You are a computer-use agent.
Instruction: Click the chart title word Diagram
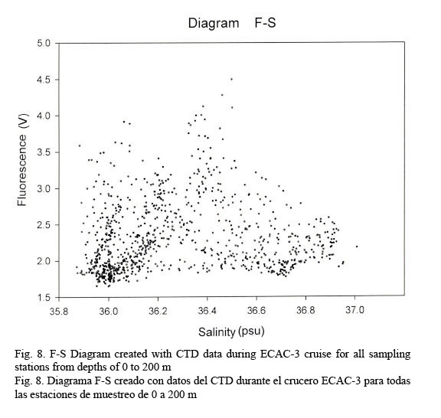[x=214, y=23]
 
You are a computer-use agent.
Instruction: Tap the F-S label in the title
[x=265, y=23]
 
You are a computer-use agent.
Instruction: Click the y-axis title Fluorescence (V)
[x=22, y=160]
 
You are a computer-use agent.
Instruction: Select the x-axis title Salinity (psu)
[x=231, y=332]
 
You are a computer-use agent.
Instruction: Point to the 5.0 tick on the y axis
[x=44, y=44]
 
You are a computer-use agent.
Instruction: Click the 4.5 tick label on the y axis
[x=44, y=80]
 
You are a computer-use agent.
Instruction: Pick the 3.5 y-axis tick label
[x=44, y=152]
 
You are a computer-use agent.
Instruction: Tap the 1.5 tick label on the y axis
[x=44, y=298]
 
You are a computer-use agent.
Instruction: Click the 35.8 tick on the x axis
[x=59, y=311]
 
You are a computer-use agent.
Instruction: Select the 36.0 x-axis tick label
[x=109, y=311]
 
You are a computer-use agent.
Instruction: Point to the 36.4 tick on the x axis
[x=207, y=311]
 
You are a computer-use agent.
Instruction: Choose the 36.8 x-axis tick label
[x=305, y=310]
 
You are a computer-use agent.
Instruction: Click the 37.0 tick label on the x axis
[x=355, y=310]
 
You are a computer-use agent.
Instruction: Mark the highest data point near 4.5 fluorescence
[x=231, y=79]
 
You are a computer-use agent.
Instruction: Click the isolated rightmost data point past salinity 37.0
[x=357, y=247]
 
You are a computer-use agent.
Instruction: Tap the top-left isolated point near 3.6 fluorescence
[x=80, y=145]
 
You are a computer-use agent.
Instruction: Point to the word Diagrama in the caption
[x=68, y=380]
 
